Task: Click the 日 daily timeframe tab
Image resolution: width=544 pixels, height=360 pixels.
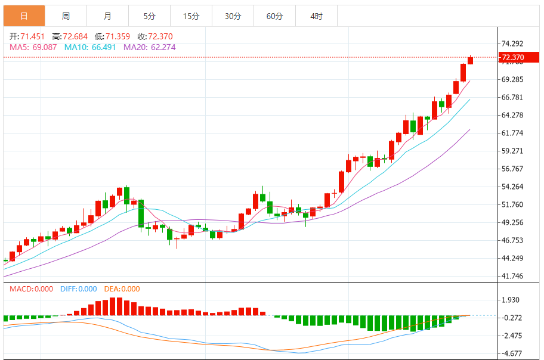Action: (24, 16)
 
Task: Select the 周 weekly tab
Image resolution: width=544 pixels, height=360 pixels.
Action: (66, 16)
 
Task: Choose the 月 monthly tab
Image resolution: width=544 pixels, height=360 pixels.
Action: (107, 16)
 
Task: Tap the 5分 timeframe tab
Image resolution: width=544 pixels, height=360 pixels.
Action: (149, 16)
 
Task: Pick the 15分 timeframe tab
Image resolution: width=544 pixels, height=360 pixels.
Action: (191, 16)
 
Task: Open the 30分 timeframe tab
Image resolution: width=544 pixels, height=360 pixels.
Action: (233, 16)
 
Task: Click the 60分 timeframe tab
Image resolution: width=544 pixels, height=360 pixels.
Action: (274, 16)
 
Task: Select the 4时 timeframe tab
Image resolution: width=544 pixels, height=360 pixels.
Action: (316, 16)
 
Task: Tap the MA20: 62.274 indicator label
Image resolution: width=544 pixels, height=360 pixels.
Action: (150, 46)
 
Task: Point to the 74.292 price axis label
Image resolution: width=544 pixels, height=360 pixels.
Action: (513, 44)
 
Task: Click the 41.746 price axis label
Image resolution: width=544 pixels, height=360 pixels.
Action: (513, 276)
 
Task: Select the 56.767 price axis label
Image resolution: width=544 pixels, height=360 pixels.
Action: (513, 169)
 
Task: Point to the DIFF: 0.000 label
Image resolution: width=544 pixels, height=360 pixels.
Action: (78, 289)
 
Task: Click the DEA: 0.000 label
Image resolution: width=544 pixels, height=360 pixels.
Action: (122, 289)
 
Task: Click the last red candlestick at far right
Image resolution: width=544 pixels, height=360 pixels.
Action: (470, 60)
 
